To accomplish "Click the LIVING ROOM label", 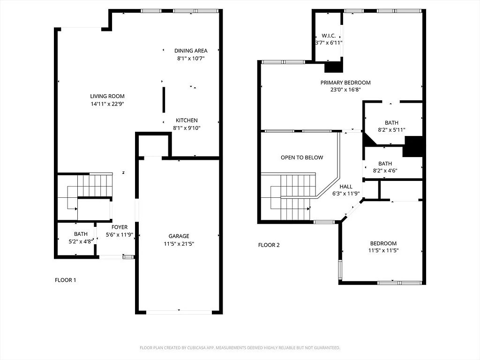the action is coord(107,96).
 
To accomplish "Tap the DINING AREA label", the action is coord(191,51).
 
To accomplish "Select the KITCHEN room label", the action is coord(187,120).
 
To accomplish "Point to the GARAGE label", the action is coord(179,236).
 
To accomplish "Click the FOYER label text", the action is coord(120,227).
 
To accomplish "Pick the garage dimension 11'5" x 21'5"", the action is coord(179,244).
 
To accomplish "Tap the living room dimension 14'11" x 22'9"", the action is coord(107,104).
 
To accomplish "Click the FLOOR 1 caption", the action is coord(65,280).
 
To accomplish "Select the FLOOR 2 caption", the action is coord(269,245).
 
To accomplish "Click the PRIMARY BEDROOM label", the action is coord(345,82).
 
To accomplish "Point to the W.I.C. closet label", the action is coord(329,36).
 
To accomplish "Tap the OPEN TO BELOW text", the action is coord(302,157).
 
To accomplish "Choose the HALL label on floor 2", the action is coord(346,187).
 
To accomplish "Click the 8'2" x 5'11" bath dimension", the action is coord(391,130).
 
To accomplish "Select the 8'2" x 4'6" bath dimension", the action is coord(385,171).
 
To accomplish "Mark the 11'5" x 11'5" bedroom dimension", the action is coord(383,250).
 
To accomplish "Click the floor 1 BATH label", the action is coord(81,234).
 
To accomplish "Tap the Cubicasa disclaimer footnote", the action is coord(240,348).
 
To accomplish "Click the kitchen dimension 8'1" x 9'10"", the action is coord(187,128).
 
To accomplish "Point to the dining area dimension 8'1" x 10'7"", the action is coord(191,58).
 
